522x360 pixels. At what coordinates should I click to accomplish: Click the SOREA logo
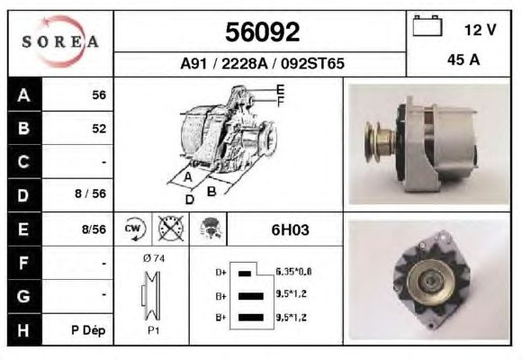60,41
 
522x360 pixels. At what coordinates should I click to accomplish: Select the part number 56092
262,32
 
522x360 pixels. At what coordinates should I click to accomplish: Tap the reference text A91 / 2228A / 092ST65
262,63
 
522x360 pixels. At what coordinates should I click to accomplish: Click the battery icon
427,25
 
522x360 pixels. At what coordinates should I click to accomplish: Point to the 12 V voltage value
480,30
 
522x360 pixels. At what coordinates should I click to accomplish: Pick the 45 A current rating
463,59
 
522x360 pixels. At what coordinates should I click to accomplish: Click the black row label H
24,329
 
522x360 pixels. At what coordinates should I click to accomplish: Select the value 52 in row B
99,129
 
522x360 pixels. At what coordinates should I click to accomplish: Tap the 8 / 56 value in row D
90,193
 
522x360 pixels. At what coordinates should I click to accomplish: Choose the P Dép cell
88,330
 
